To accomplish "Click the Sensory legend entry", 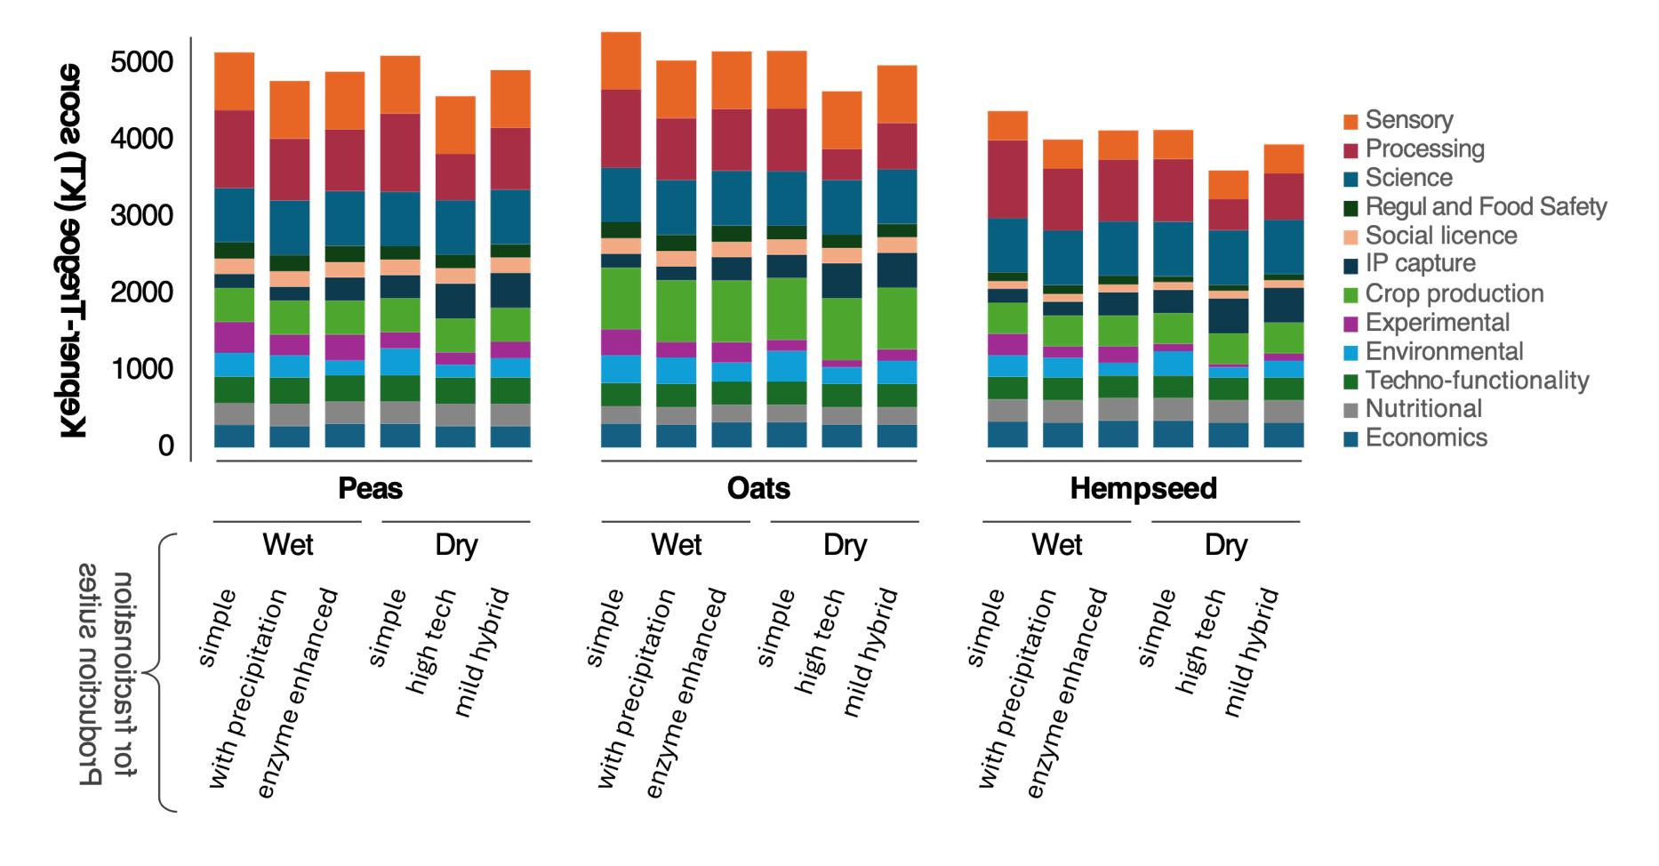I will point(1409,120).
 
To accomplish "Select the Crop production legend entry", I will point(1454,293).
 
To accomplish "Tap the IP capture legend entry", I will point(1420,264).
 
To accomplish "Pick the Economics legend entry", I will point(1425,437).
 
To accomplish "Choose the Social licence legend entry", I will point(1440,236).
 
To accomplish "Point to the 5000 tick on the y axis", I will point(141,62).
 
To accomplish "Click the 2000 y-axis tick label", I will point(141,293).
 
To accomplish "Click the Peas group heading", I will point(371,488).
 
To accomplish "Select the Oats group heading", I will point(758,488).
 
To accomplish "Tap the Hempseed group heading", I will point(1143,488).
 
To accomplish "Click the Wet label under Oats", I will point(676,544).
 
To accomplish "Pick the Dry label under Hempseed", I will point(1226,544).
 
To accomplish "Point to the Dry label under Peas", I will point(456,544).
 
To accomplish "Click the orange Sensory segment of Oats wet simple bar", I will point(621,60).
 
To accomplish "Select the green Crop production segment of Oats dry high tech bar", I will point(841,329).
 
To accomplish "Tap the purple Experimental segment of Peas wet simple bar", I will point(234,337).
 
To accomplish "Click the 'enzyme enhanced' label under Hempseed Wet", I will point(1067,694).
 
